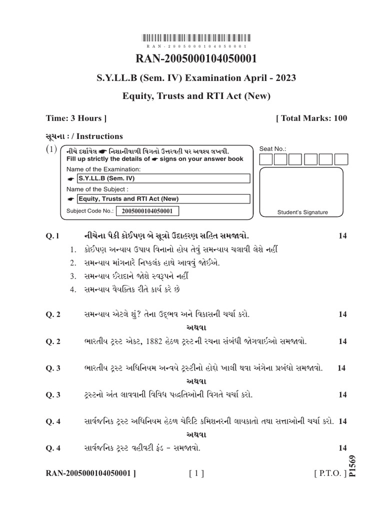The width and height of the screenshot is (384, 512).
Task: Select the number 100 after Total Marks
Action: coord(337,118)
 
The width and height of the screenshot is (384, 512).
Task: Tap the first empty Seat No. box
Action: coord(266,159)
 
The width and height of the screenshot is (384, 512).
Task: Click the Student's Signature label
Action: coord(303,212)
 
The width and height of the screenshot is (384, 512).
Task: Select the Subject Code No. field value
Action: coord(147,211)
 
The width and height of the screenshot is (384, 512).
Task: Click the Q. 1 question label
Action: coord(53,235)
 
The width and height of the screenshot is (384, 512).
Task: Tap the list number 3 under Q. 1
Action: coord(72,276)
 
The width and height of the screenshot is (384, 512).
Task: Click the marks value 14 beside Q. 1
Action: coord(342,235)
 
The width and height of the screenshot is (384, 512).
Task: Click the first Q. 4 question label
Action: coord(53,421)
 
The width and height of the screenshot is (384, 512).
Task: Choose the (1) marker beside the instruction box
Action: coord(52,149)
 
